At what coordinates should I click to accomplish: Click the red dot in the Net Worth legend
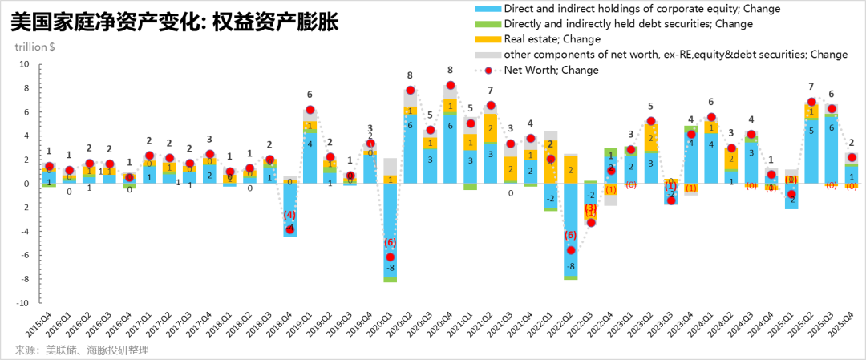[x=488, y=71]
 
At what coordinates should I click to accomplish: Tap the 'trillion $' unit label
[x=34, y=47]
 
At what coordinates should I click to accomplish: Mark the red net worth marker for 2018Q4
[x=290, y=229]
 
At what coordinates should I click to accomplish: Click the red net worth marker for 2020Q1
[x=391, y=257]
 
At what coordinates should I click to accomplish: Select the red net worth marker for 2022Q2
[x=571, y=250]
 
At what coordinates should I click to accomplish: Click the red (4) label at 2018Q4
[x=289, y=216]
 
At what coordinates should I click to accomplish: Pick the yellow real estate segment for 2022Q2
[x=571, y=170]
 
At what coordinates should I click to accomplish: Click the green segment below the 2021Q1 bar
[x=471, y=187]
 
